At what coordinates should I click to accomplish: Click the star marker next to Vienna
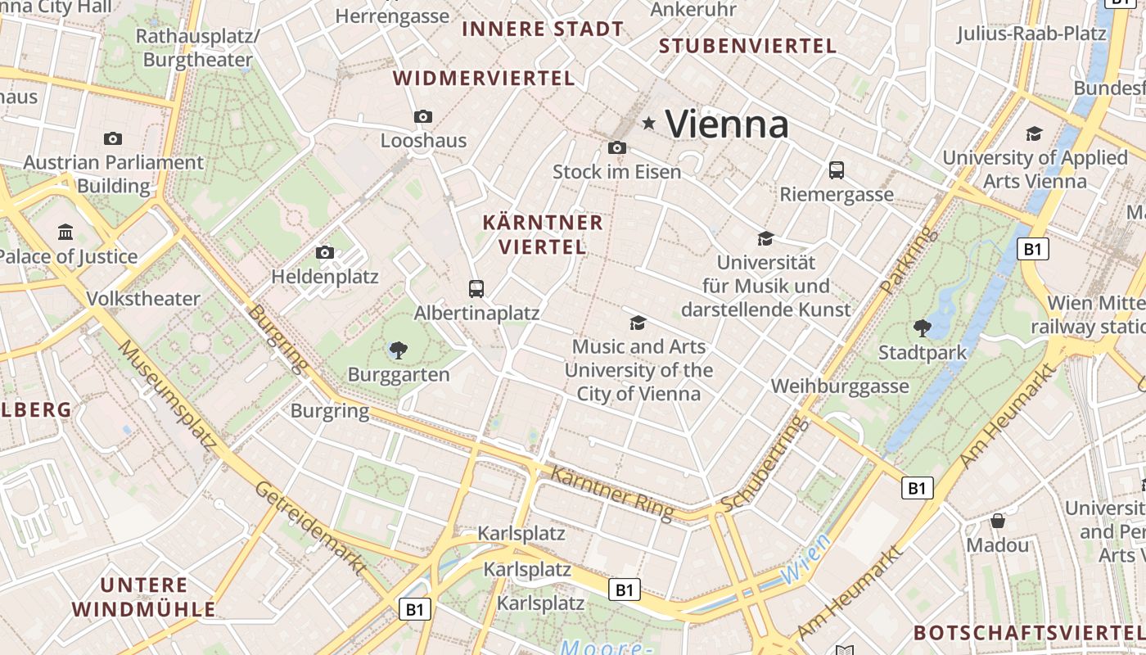(x=649, y=124)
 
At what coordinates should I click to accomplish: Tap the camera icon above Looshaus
(x=423, y=116)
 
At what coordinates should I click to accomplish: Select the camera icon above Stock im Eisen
(x=617, y=147)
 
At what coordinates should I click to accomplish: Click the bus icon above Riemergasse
(x=836, y=170)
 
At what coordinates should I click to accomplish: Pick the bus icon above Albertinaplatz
(x=476, y=288)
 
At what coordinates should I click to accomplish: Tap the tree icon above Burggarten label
(x=399, y=350)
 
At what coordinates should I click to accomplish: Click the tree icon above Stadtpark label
(x=923, y=328)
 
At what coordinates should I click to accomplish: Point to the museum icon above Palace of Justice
(x=65, y=233)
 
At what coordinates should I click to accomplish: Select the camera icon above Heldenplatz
(x=325, y=252)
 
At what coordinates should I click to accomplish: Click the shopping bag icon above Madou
(x=997, y=521)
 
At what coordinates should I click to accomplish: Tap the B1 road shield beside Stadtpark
(x=1032, y=249)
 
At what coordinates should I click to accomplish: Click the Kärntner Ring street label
(x=611, y=492)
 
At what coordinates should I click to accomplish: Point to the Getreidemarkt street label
(x=310, y=528)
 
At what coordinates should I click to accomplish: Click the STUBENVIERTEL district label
(x=747, y=46)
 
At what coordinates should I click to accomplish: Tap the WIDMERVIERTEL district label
(x=484, y=79)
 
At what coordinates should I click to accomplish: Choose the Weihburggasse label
(x=840, y=386)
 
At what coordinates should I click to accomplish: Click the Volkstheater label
(x=143, y=299)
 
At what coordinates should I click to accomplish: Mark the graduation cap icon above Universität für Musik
(x=765, y=238)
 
